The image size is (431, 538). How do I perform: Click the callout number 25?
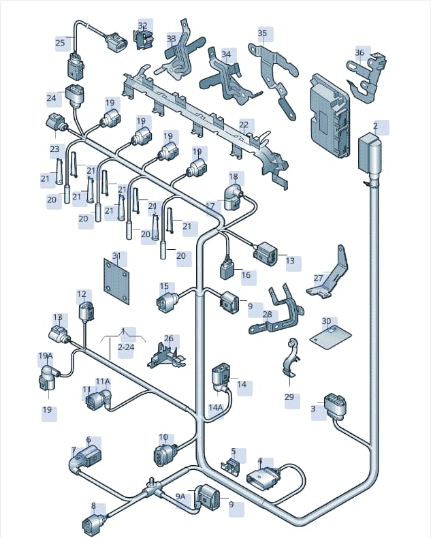pyautogui.click(x=60, y=43)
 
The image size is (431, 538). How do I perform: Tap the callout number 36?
pyautogui.click(x=360, y=52)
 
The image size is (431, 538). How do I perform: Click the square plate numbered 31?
pyautogui.click(x=116, y=281)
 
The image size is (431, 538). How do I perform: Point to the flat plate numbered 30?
pyautogui.click(x=330, y=337)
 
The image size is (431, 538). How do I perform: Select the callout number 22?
pyautogui.click(x=244, y=124)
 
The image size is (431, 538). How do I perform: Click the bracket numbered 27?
pyautogui.click(x=328, y=274)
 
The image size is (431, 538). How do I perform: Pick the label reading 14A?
pyautogui.click(x=215, y=407)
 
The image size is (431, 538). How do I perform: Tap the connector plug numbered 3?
pyautogui.click(x=334, y=405)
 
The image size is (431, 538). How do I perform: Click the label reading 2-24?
pyautogui.click(x=126, y=347)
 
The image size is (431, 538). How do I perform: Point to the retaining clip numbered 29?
pyautogui.click(x=291, y=357)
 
